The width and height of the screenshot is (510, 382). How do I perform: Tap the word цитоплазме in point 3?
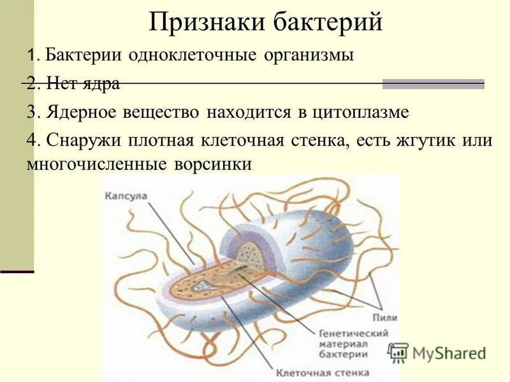tap(360, 113)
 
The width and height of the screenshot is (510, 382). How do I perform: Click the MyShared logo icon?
tap(398, 352)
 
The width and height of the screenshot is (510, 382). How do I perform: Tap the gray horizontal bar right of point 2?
tap(433, 83)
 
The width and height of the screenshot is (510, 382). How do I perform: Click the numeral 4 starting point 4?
tap(32, 141)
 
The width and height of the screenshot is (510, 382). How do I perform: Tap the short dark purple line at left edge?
tap(17, 271)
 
